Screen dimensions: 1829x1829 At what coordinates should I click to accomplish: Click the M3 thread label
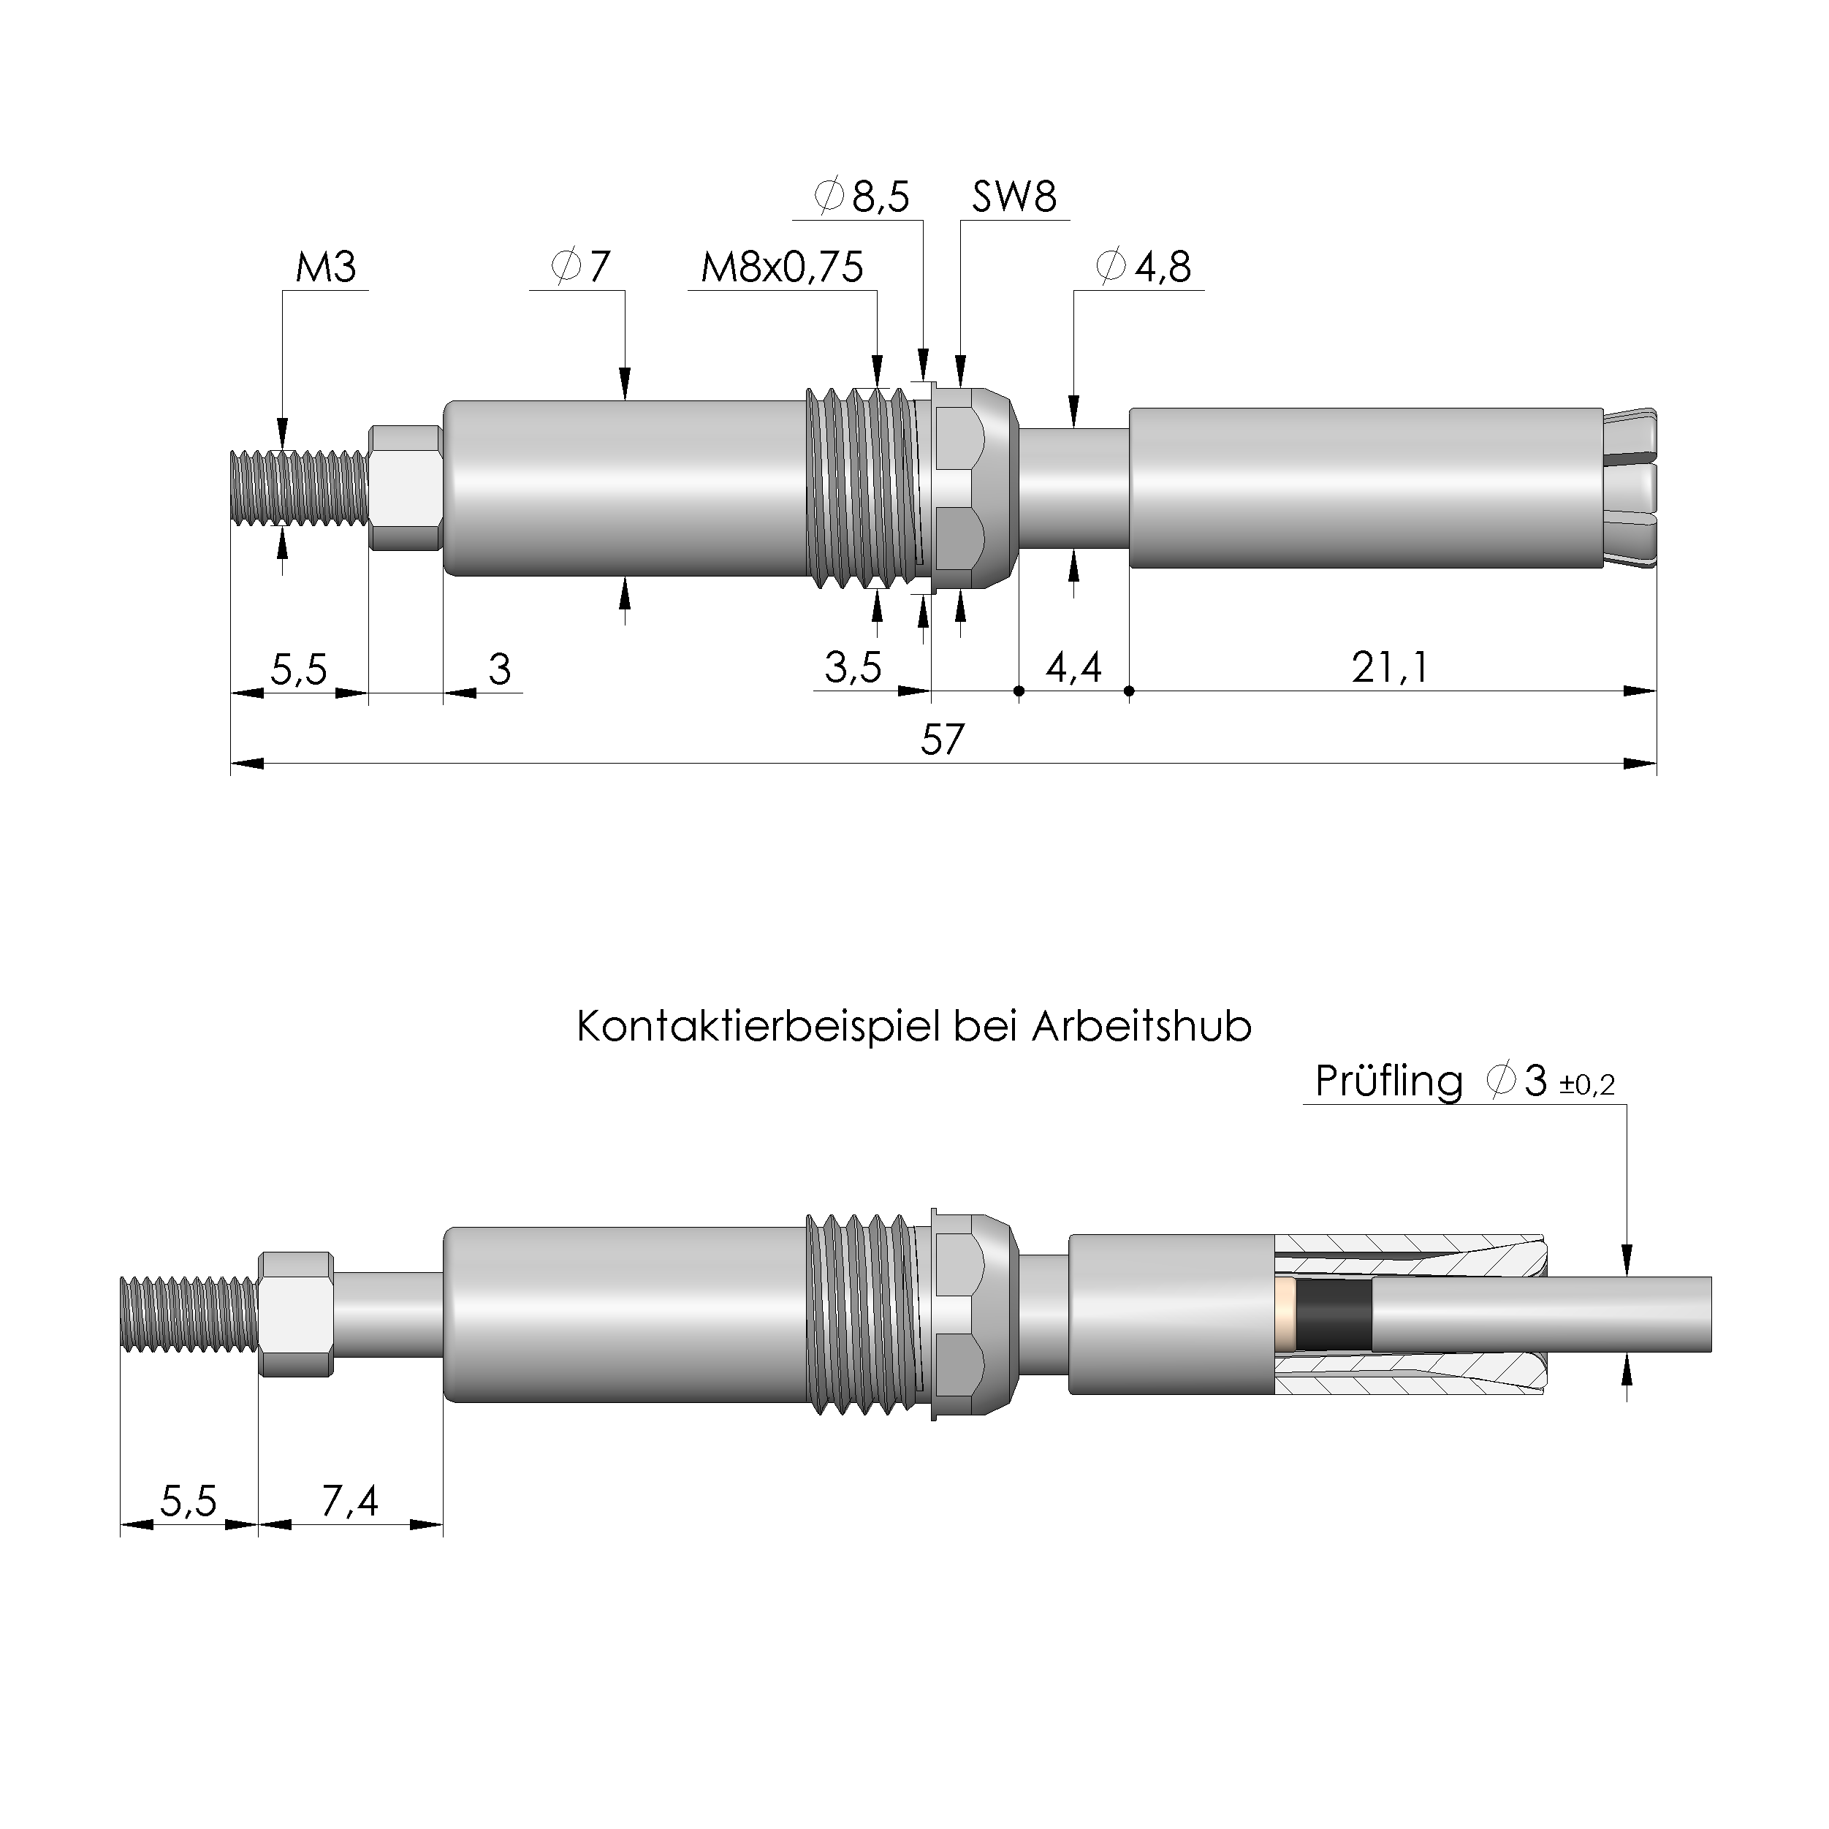pos(326,268)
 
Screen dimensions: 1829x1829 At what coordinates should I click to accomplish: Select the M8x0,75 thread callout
pos(781,268)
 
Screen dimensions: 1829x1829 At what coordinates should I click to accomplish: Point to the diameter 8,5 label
pos(862,197)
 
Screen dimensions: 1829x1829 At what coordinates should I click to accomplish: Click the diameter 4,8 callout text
pos(1143,268)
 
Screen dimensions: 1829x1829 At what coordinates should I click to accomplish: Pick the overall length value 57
pos(942,740)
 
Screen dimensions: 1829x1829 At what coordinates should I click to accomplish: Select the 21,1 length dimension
pos(1389,669)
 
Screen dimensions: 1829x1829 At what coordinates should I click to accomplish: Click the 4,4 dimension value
pos(1073,669)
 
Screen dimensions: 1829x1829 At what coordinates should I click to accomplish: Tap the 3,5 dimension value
pos(852,669)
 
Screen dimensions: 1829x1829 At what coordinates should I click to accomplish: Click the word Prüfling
pos(1388,1081)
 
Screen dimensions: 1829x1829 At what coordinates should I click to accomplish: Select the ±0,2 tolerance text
pos(1586,1085)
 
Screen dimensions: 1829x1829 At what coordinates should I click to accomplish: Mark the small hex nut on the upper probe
pos(405,487)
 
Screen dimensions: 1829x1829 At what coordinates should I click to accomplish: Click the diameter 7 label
pos(580,268)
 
